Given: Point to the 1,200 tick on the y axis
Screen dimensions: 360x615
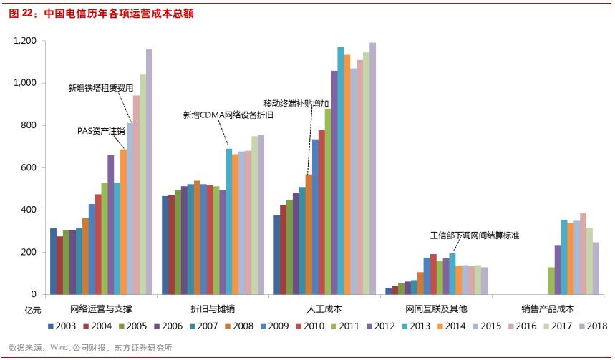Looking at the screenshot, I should [x=25, y=42].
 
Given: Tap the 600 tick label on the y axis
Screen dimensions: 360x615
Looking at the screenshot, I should [x=30, y=167].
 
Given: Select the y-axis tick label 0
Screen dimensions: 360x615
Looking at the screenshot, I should [x=35, y=294].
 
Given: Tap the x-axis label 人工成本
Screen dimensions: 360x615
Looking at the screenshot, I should [x=323, y=308].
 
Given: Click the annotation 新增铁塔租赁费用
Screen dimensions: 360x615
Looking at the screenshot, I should [x=101, y=87].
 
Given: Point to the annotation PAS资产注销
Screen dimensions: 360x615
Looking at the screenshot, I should [x=101, y=131].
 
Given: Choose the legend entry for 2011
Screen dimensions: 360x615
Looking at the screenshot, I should [x=342, y=326].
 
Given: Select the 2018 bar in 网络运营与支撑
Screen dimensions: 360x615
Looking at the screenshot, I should [x=149, y=172].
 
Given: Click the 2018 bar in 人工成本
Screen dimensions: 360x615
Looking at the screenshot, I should [x=372, y=168].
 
